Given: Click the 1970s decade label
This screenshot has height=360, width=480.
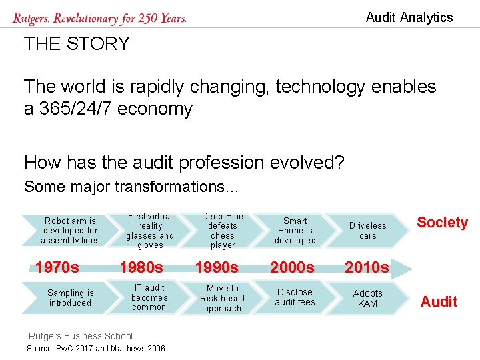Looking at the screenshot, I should tap(57, 268).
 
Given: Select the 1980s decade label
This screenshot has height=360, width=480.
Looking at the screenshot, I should tap(141, 268).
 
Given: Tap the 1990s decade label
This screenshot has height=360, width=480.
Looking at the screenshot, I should tap(216, 268).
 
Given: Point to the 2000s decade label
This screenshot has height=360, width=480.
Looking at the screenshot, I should tap(292, 268).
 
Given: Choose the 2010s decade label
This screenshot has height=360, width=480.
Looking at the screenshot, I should tap(367, 268).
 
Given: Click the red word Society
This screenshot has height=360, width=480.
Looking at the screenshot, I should tap(442, 223).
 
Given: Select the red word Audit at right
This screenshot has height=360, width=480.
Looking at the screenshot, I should tap(439, 302).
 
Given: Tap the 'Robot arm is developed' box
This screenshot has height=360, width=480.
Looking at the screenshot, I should tap(70, 231).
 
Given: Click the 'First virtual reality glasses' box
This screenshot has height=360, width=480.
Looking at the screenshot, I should tap(149, 231).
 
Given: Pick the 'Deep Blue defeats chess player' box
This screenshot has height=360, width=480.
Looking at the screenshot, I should tap(223, 231).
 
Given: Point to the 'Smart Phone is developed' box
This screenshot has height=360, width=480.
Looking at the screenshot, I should tap(295, 231).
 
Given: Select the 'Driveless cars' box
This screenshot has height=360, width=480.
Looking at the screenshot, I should tap(368, 231).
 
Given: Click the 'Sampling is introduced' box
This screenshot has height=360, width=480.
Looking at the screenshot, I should tap(70, 298).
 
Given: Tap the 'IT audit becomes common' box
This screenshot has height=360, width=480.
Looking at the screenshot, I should tap(149, 298).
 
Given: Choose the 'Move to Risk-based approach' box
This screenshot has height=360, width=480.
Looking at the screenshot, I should tap(223, 298).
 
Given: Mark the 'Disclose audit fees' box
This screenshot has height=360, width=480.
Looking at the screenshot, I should tap(295, 298).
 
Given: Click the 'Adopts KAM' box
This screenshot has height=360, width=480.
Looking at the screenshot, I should tap(368, 298).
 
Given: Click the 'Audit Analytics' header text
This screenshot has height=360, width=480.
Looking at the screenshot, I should tap(409, 17).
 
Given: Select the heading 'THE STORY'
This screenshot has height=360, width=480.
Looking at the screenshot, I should tap(77, 44).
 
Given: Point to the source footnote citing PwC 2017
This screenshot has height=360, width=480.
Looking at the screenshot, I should tap(96, 349).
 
